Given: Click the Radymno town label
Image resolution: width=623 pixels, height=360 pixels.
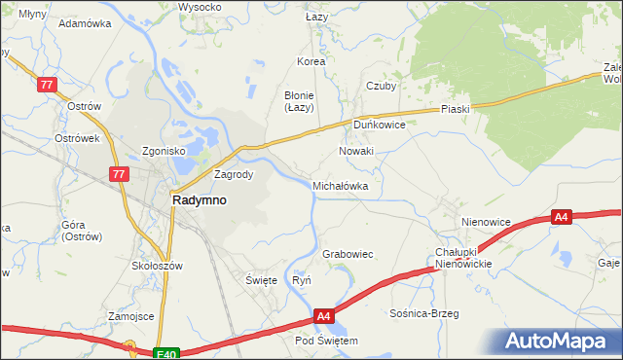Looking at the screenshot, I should point(200,199).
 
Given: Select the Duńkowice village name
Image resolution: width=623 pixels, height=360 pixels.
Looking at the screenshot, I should point(379,126).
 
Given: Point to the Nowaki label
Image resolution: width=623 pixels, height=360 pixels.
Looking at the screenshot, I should point(355,152).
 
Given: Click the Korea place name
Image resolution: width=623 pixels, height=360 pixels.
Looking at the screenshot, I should point(311,61).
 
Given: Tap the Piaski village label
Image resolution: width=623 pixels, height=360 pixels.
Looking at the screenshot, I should point(455,109).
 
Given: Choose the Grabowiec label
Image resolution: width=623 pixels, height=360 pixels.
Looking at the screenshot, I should point(348,254).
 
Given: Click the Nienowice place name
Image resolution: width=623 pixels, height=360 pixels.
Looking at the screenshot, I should point(487,222).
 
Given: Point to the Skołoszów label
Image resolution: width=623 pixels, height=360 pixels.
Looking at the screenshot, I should point(158,265).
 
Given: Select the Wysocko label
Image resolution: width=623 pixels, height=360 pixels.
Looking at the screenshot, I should point(200,7).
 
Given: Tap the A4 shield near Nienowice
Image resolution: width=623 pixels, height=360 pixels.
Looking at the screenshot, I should point(561,218).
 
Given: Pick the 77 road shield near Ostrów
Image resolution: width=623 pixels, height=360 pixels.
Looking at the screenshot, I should point(48,86).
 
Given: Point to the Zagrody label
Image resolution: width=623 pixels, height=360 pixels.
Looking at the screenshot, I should point(234,175).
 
